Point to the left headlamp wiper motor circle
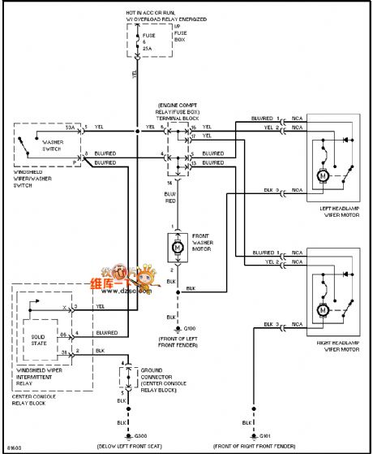(322, 175)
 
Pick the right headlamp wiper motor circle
(322, 309)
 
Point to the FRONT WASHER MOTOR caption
(203, 244)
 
